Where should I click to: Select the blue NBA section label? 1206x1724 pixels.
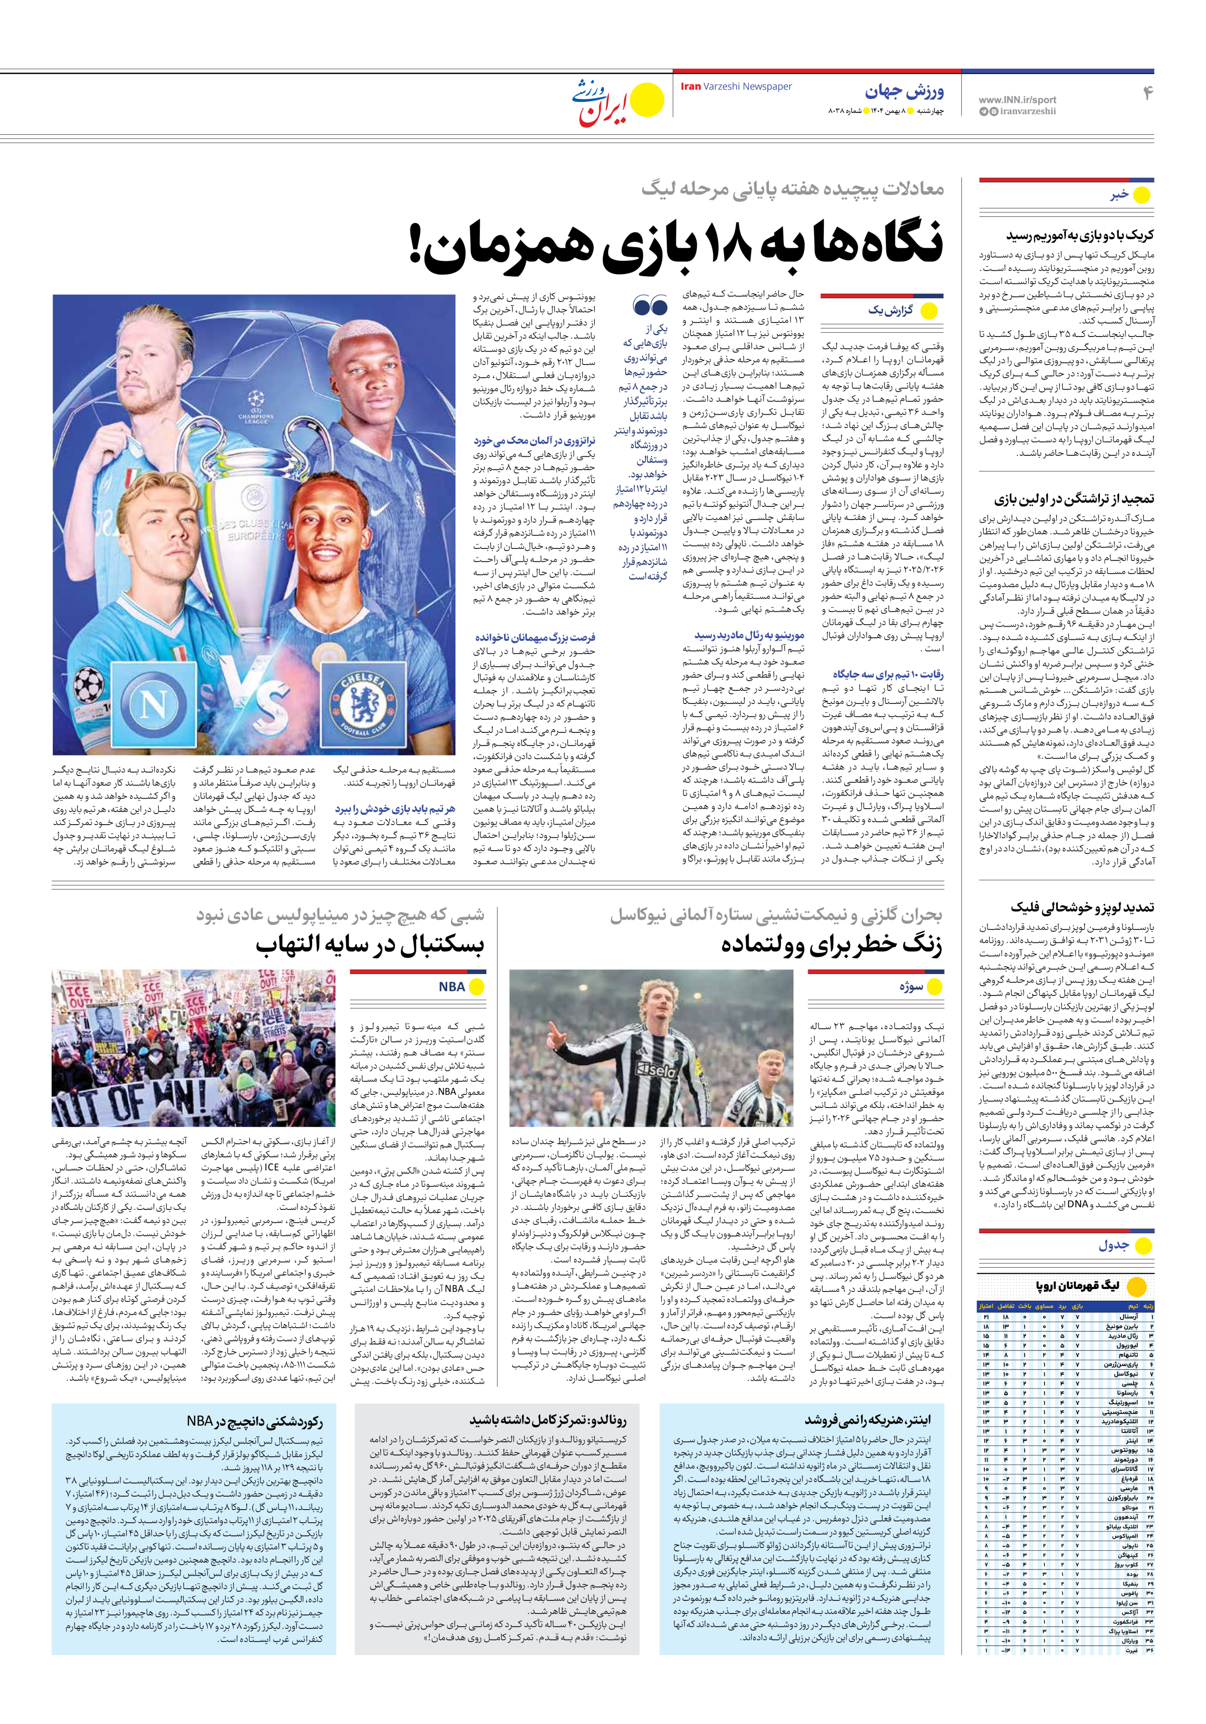coord(452,987)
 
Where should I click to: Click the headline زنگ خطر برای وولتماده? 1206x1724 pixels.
coord(832,945)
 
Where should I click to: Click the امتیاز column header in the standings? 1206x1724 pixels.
coord(986,1306)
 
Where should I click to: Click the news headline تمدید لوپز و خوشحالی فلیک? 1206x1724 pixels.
coord(1082,907)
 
